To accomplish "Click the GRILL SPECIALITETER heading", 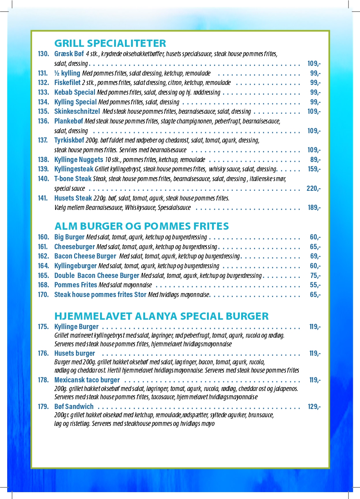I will click(x=110, y=43).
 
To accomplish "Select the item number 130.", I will click(x=43, y=54).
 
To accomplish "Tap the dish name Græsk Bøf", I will click(x=69, y=54).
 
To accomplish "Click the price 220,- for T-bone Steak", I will click(x=313, y=188).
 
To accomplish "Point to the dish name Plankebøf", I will click(x=69, y=121).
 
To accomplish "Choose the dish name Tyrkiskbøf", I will click(x=69, y=140).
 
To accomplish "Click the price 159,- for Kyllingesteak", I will click(x=314, y=169).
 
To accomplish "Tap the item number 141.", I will click(x=43, y=198).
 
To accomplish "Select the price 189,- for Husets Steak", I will click(x=314, y=207).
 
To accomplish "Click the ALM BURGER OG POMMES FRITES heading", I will click(x=141, y=226).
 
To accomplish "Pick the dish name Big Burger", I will click(x=69, y=237).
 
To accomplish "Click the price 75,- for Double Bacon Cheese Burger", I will click(x=315, y=275).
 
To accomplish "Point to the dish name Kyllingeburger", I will click(x=76, y=266).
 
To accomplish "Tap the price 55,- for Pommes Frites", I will click(x=315, y=285).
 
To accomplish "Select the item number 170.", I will click(x=43, y=295).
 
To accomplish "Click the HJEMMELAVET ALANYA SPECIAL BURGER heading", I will click(x=161, y=316).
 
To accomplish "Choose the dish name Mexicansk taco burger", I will click(x=87, y=380).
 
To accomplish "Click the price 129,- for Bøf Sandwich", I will click(x=314, y=406).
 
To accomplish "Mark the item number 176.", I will click(x=43, y=353).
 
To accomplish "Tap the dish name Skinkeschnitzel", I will click(x=77, y=112).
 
